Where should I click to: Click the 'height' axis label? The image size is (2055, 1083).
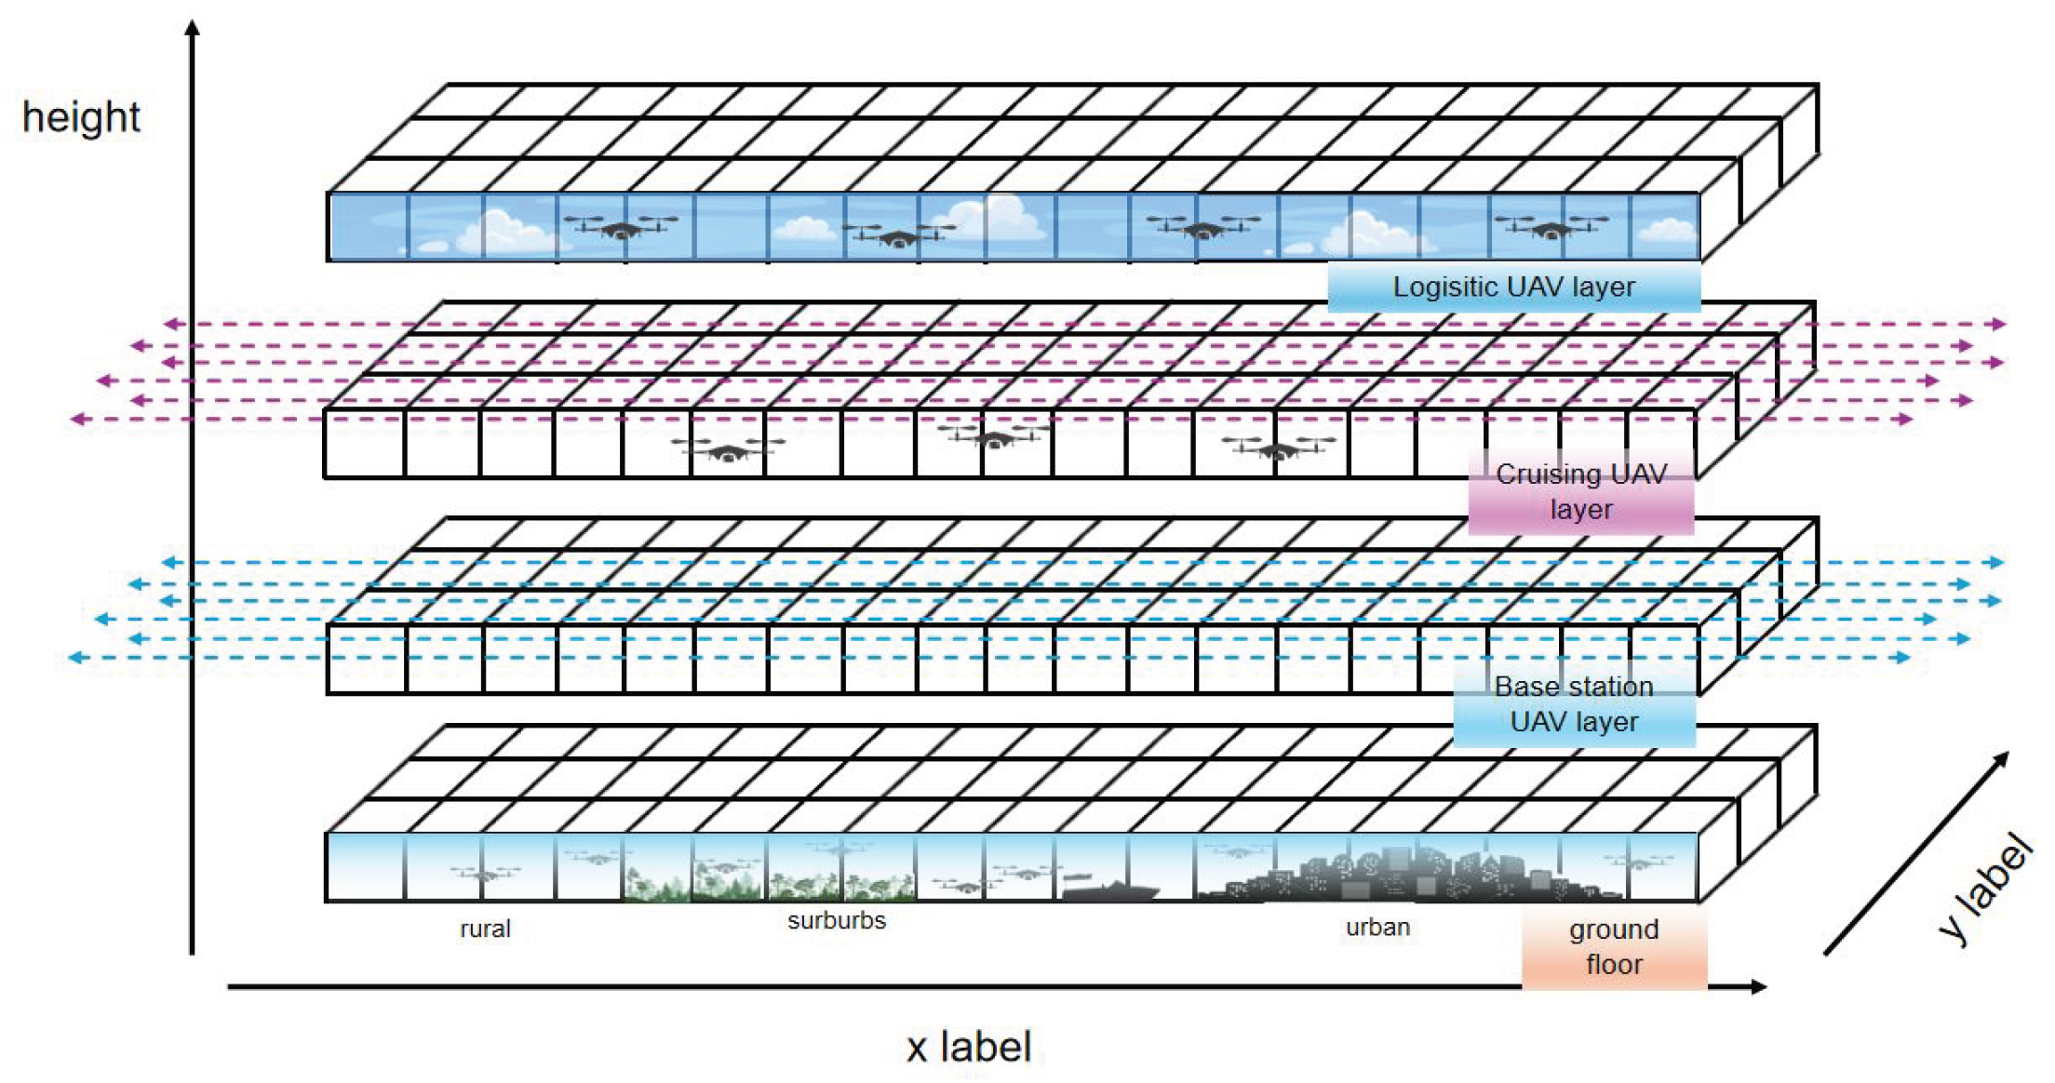[x=81, y=118]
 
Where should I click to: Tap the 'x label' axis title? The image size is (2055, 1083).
[x=969, y=1047]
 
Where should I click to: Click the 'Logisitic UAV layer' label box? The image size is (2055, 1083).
[x=1513, y=287]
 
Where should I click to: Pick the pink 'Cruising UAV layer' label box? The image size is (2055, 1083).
[x=1580, y=492]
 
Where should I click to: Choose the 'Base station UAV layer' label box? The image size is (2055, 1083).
[x=1574, y=705]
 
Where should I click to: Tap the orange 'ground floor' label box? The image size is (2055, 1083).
[x=1614, y=947]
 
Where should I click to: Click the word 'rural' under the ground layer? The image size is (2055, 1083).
[x=485, y=929]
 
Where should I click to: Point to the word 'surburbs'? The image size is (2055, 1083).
[x=837, y=921]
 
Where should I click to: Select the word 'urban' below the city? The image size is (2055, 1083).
[x=1377, y=928]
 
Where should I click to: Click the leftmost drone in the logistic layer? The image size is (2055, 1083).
[x=621, y=226]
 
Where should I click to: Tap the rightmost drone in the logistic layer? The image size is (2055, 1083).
[x=1550, y=226]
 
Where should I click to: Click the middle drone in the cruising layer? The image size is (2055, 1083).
[x=992, y=436]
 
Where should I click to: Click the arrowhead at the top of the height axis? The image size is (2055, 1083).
[x=193, y=28]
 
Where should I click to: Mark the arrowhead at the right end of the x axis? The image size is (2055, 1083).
[x=1758, y=986]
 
